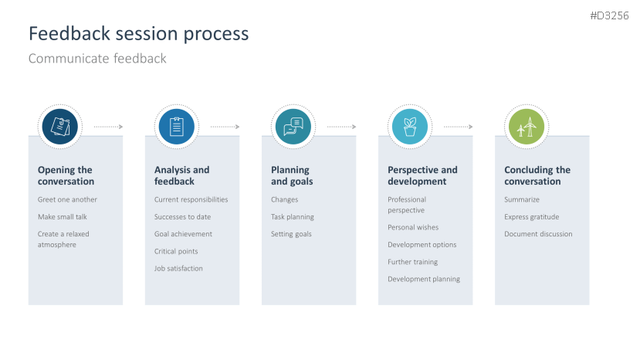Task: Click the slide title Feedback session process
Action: pyautogui.click(x=138, y=34)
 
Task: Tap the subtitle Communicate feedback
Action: pyautogui.click(x=97, y=59)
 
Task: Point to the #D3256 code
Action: pyautogui.click(x=609, y=16)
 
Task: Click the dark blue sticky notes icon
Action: pyautogui.click(x=60, y=127)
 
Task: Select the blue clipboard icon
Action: pyautogui.click(x=176, y=127)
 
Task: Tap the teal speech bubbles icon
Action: pyautogui.click(x=293, y=127)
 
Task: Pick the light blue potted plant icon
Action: pyautogui.click(x=410, y=127)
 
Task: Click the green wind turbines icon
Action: pyautogui.click(x=527, y=127)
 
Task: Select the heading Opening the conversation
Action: pyautogui.click(x=66, y=175)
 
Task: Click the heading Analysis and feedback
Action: pyautogui.click(x=181, y=175)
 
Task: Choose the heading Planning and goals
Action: pyautogui.click(x=292, y=175)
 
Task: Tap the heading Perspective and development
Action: pyautogui.click(x=422, y=175)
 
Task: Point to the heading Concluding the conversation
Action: pyautogui.click(x=537, y=175)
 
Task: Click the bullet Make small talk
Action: pyautogui.click(x=63, y=217)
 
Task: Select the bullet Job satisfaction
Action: pyautogui.click(x=178, y=269)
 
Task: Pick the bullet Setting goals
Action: pyautogui.click(x=291, y=234)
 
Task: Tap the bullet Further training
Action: pyautogui.click(x=413, y=262)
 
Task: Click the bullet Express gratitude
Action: pyautogui.click(x=531, y=217)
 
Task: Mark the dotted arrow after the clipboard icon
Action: pyautogui.click(x=225, y=127)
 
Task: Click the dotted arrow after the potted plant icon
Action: pyautogui.click(x=459, y=127)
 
